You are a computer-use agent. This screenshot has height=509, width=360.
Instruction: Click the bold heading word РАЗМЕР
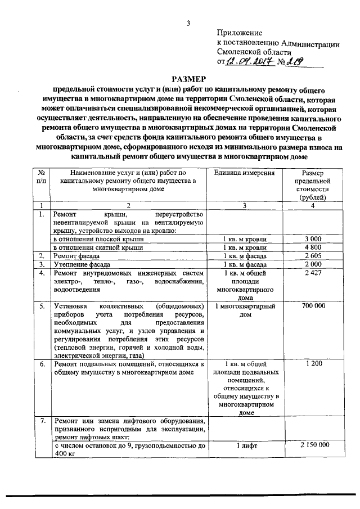[190, 80]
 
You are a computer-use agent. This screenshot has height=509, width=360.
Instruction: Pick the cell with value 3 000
[312, 239]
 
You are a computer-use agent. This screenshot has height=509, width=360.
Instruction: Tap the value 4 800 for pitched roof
[312, 247]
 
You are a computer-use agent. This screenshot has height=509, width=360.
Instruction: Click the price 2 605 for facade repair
[312, 256]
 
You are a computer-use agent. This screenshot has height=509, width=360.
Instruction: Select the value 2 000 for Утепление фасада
[312, 264]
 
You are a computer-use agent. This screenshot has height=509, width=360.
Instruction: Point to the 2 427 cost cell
[312, 273]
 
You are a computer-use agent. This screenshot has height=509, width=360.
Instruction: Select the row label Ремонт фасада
[77, 256]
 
